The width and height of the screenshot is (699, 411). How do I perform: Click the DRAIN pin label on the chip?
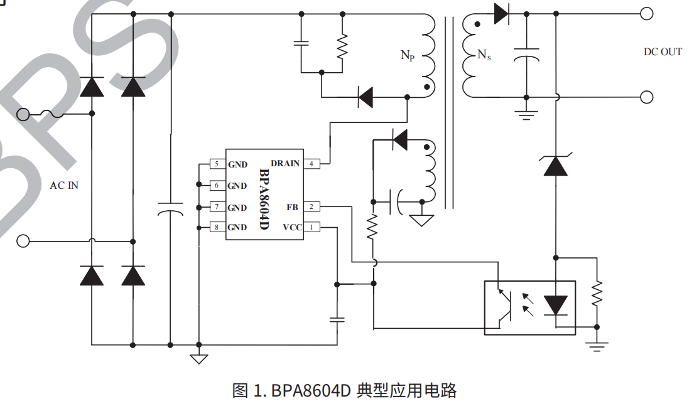point(285,164)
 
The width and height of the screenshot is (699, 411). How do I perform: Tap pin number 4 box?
point(311,164)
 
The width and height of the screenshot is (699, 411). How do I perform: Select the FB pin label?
point(293,206)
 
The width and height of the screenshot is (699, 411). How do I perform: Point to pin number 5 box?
point(216,164)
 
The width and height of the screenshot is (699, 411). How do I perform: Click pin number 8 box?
point(216,227)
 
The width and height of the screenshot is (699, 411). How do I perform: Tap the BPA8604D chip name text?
point(263,198)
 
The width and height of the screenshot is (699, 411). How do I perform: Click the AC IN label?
point(64,186)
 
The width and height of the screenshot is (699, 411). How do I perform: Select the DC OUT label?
point(663,52)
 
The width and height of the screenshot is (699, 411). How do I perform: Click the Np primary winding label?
point(408,55)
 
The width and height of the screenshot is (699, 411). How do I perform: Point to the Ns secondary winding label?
point(484,55)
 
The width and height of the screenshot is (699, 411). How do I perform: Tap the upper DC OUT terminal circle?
point(646,13)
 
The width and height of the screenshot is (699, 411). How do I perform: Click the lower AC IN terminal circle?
point(23,241)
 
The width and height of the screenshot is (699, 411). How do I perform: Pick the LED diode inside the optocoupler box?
point(555,305)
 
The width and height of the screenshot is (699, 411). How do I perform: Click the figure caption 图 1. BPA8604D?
point(344,391)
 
